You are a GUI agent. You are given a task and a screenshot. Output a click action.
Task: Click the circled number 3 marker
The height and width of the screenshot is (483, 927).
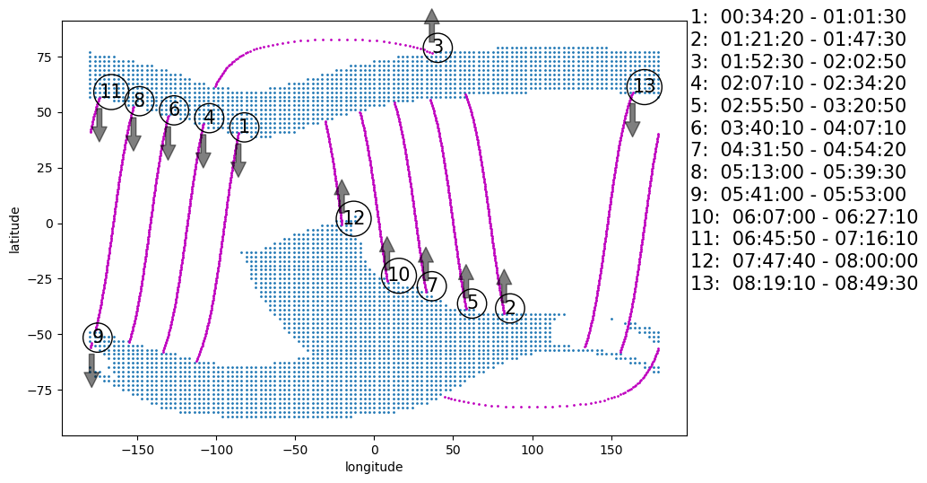438,48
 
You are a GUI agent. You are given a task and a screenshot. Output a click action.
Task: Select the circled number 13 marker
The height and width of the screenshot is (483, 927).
645,87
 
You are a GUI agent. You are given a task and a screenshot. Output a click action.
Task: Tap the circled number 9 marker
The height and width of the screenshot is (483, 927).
98,338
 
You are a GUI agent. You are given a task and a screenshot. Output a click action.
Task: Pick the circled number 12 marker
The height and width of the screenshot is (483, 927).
354,218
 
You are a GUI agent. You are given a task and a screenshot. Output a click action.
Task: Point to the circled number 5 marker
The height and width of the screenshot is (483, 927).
472,303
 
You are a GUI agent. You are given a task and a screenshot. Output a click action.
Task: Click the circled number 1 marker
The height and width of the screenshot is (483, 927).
243,127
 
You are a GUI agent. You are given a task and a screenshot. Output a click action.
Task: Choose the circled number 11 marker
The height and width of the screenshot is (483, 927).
110,92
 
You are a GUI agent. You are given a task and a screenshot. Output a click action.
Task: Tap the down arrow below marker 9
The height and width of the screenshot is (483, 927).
91,370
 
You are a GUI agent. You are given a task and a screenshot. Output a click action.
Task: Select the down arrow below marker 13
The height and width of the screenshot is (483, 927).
632,119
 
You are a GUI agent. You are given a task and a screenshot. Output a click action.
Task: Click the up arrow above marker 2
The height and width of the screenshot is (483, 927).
504,285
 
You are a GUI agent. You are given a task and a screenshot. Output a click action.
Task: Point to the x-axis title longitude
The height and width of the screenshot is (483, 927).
374,467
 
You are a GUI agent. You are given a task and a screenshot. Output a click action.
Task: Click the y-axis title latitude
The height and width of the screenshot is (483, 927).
15,229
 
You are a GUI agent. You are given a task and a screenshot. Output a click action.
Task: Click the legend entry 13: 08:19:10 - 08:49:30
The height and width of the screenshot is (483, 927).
804,284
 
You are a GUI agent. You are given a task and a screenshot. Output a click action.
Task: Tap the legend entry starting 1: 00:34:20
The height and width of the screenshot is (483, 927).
798,17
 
